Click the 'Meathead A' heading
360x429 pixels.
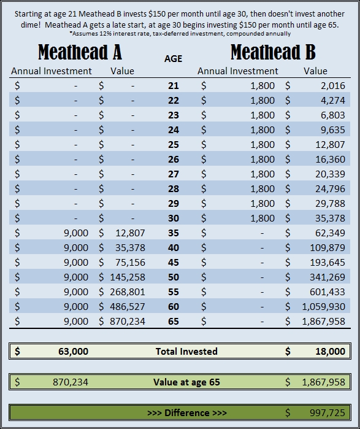(80, 52)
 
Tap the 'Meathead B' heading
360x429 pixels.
(273, 52)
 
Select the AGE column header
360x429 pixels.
(173, 58)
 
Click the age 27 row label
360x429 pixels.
(174, 174)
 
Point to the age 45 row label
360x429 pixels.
(174, 263)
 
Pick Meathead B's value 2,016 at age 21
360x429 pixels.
(333, 86)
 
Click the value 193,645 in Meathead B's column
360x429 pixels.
(327, 263)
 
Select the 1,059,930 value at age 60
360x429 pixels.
(324, 307)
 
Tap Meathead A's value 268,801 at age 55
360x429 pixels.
(128, 292)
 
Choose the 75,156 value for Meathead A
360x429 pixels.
(130, 263)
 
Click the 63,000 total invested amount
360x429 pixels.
(73, 351)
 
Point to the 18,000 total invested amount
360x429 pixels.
(330, 351)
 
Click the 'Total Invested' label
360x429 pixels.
(186, 351)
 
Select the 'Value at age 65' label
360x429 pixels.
(186, 382)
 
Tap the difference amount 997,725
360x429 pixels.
(327, 412)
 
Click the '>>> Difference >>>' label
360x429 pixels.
(187, 412)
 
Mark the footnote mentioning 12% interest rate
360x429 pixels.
(180, 34)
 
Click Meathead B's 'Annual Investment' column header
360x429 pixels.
(237, 71)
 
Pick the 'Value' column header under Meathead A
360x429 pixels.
(122, 71)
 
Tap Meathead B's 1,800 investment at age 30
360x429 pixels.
(262, 218)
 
